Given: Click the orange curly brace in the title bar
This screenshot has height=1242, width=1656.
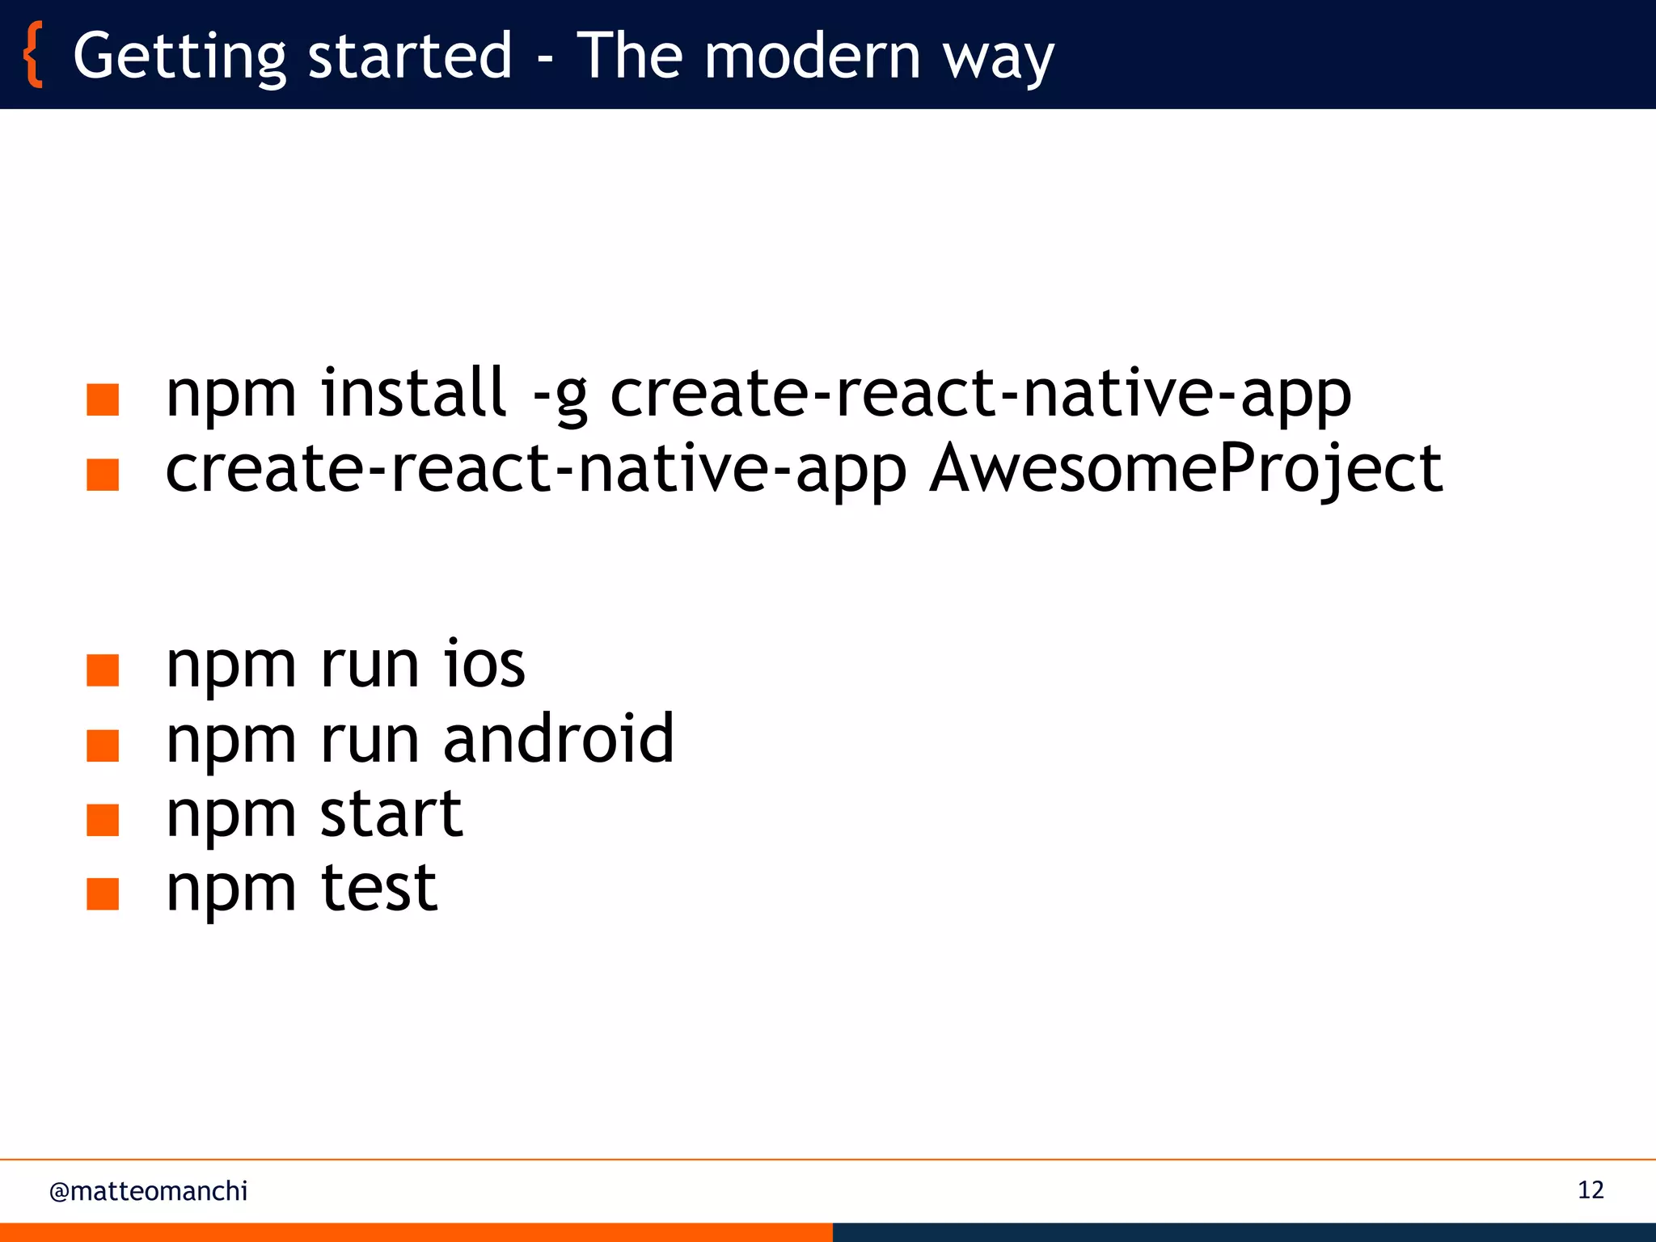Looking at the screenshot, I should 33,55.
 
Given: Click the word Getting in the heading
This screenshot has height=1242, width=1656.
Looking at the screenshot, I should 180,57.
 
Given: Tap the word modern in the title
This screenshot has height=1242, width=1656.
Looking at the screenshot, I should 812,57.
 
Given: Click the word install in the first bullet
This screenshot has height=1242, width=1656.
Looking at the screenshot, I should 413,393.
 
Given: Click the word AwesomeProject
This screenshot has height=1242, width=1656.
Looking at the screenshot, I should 1185,470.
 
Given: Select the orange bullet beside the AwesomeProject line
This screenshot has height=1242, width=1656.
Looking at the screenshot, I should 103,475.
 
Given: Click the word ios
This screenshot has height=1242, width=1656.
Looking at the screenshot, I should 484,665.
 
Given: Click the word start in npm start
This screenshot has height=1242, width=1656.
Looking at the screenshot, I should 391,815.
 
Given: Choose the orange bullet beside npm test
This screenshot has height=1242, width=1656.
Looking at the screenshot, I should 103,894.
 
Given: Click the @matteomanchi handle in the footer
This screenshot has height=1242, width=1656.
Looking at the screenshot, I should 148,1191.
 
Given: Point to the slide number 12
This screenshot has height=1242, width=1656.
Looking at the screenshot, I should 1590,1190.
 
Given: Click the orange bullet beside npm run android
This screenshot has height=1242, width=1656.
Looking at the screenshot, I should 103,746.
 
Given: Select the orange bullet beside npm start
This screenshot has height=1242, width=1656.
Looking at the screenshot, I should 103,820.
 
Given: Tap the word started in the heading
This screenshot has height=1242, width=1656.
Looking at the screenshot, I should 410,57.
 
